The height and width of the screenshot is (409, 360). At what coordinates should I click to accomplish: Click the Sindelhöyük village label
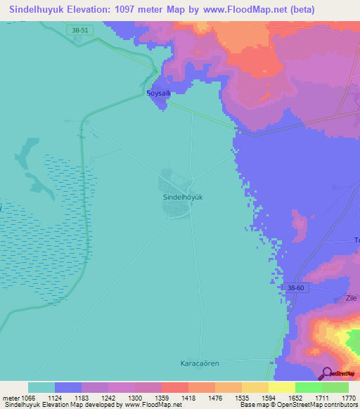(183, 198)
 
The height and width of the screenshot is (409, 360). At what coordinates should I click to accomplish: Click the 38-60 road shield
(296, 289)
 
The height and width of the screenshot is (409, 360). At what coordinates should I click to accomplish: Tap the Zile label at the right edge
(352, 298)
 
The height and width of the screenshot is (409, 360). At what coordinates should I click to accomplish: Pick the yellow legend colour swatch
(281, 387)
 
